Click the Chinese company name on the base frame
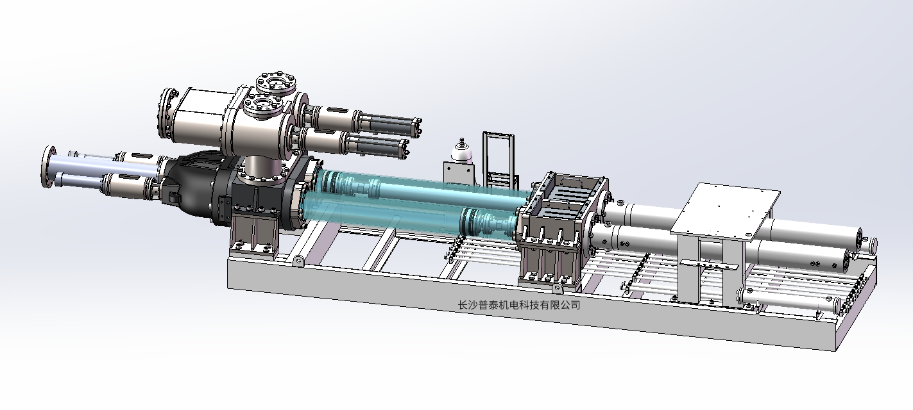point(519,305)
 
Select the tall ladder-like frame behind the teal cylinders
point(499,160)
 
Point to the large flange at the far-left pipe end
point(49,167)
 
